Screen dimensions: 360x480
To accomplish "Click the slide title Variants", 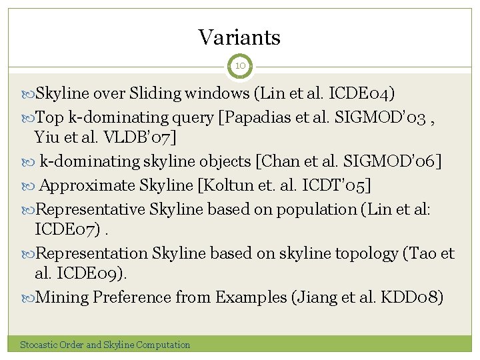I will tap(239, 37).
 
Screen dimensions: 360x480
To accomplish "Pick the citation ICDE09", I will tap(85, 275).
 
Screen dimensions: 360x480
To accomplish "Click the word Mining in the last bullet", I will tap(61, 297).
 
